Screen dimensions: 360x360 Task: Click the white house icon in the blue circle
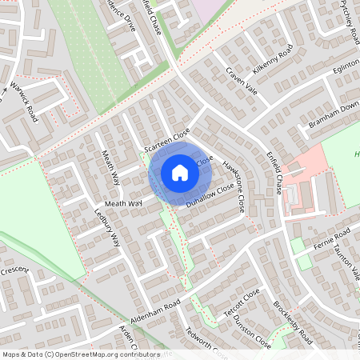pos(179,173)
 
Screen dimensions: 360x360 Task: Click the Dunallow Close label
pos(210,196)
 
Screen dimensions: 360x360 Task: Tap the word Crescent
pos(14,271)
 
